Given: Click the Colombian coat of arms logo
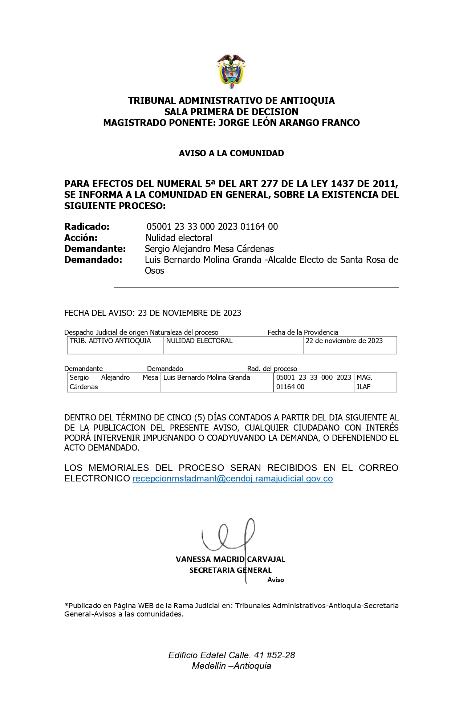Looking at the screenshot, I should (231, 71).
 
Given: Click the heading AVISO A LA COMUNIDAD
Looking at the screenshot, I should (231, 153).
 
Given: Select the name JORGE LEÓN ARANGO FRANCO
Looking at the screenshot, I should (289, 123).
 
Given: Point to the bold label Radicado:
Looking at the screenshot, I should (87, 227).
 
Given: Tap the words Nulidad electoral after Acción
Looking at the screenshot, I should (179, 238).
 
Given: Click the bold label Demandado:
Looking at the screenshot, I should (93, 260).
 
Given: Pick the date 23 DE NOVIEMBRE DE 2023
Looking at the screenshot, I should (190, 313).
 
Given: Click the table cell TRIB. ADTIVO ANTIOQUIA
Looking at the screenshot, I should (110, 341).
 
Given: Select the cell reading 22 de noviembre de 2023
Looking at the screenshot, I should (344, 341).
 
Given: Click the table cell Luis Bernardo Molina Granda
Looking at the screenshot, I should (207, 378).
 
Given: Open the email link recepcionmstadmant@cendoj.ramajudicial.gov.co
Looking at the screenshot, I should (232, 479).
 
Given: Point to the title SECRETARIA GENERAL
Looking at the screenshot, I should (230, 570).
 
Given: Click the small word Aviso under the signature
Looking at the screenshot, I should (276, 580).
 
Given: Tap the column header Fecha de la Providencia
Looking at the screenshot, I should (303, 332).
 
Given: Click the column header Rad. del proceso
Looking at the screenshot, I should (272, 369).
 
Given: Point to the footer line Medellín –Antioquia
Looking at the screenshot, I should (231, 666).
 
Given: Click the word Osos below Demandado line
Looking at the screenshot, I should (154, 271).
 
